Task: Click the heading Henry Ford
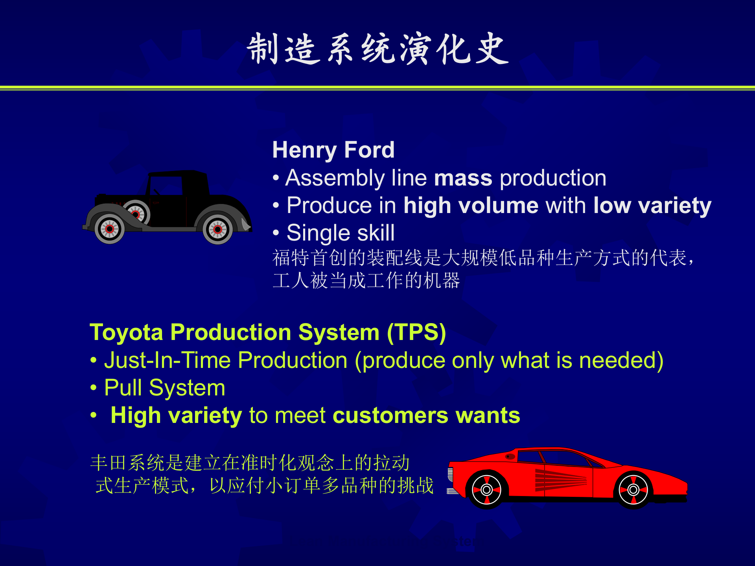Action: [333, 150]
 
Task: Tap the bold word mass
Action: [463, 178]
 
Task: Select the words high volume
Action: [471, 205]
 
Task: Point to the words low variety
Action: [652, 206]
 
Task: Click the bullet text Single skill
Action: [341, 233]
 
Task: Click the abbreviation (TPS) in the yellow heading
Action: [416, 333]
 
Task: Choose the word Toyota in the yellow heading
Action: [126, 333]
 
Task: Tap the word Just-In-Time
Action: [168, 360]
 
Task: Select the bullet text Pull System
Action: [165, 388]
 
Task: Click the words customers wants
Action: [426, 415]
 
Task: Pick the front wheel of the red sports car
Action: [486, 490]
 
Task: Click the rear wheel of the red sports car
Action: [633, 490]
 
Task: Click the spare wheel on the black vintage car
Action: [136, 213]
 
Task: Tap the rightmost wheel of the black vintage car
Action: [217, 230]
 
